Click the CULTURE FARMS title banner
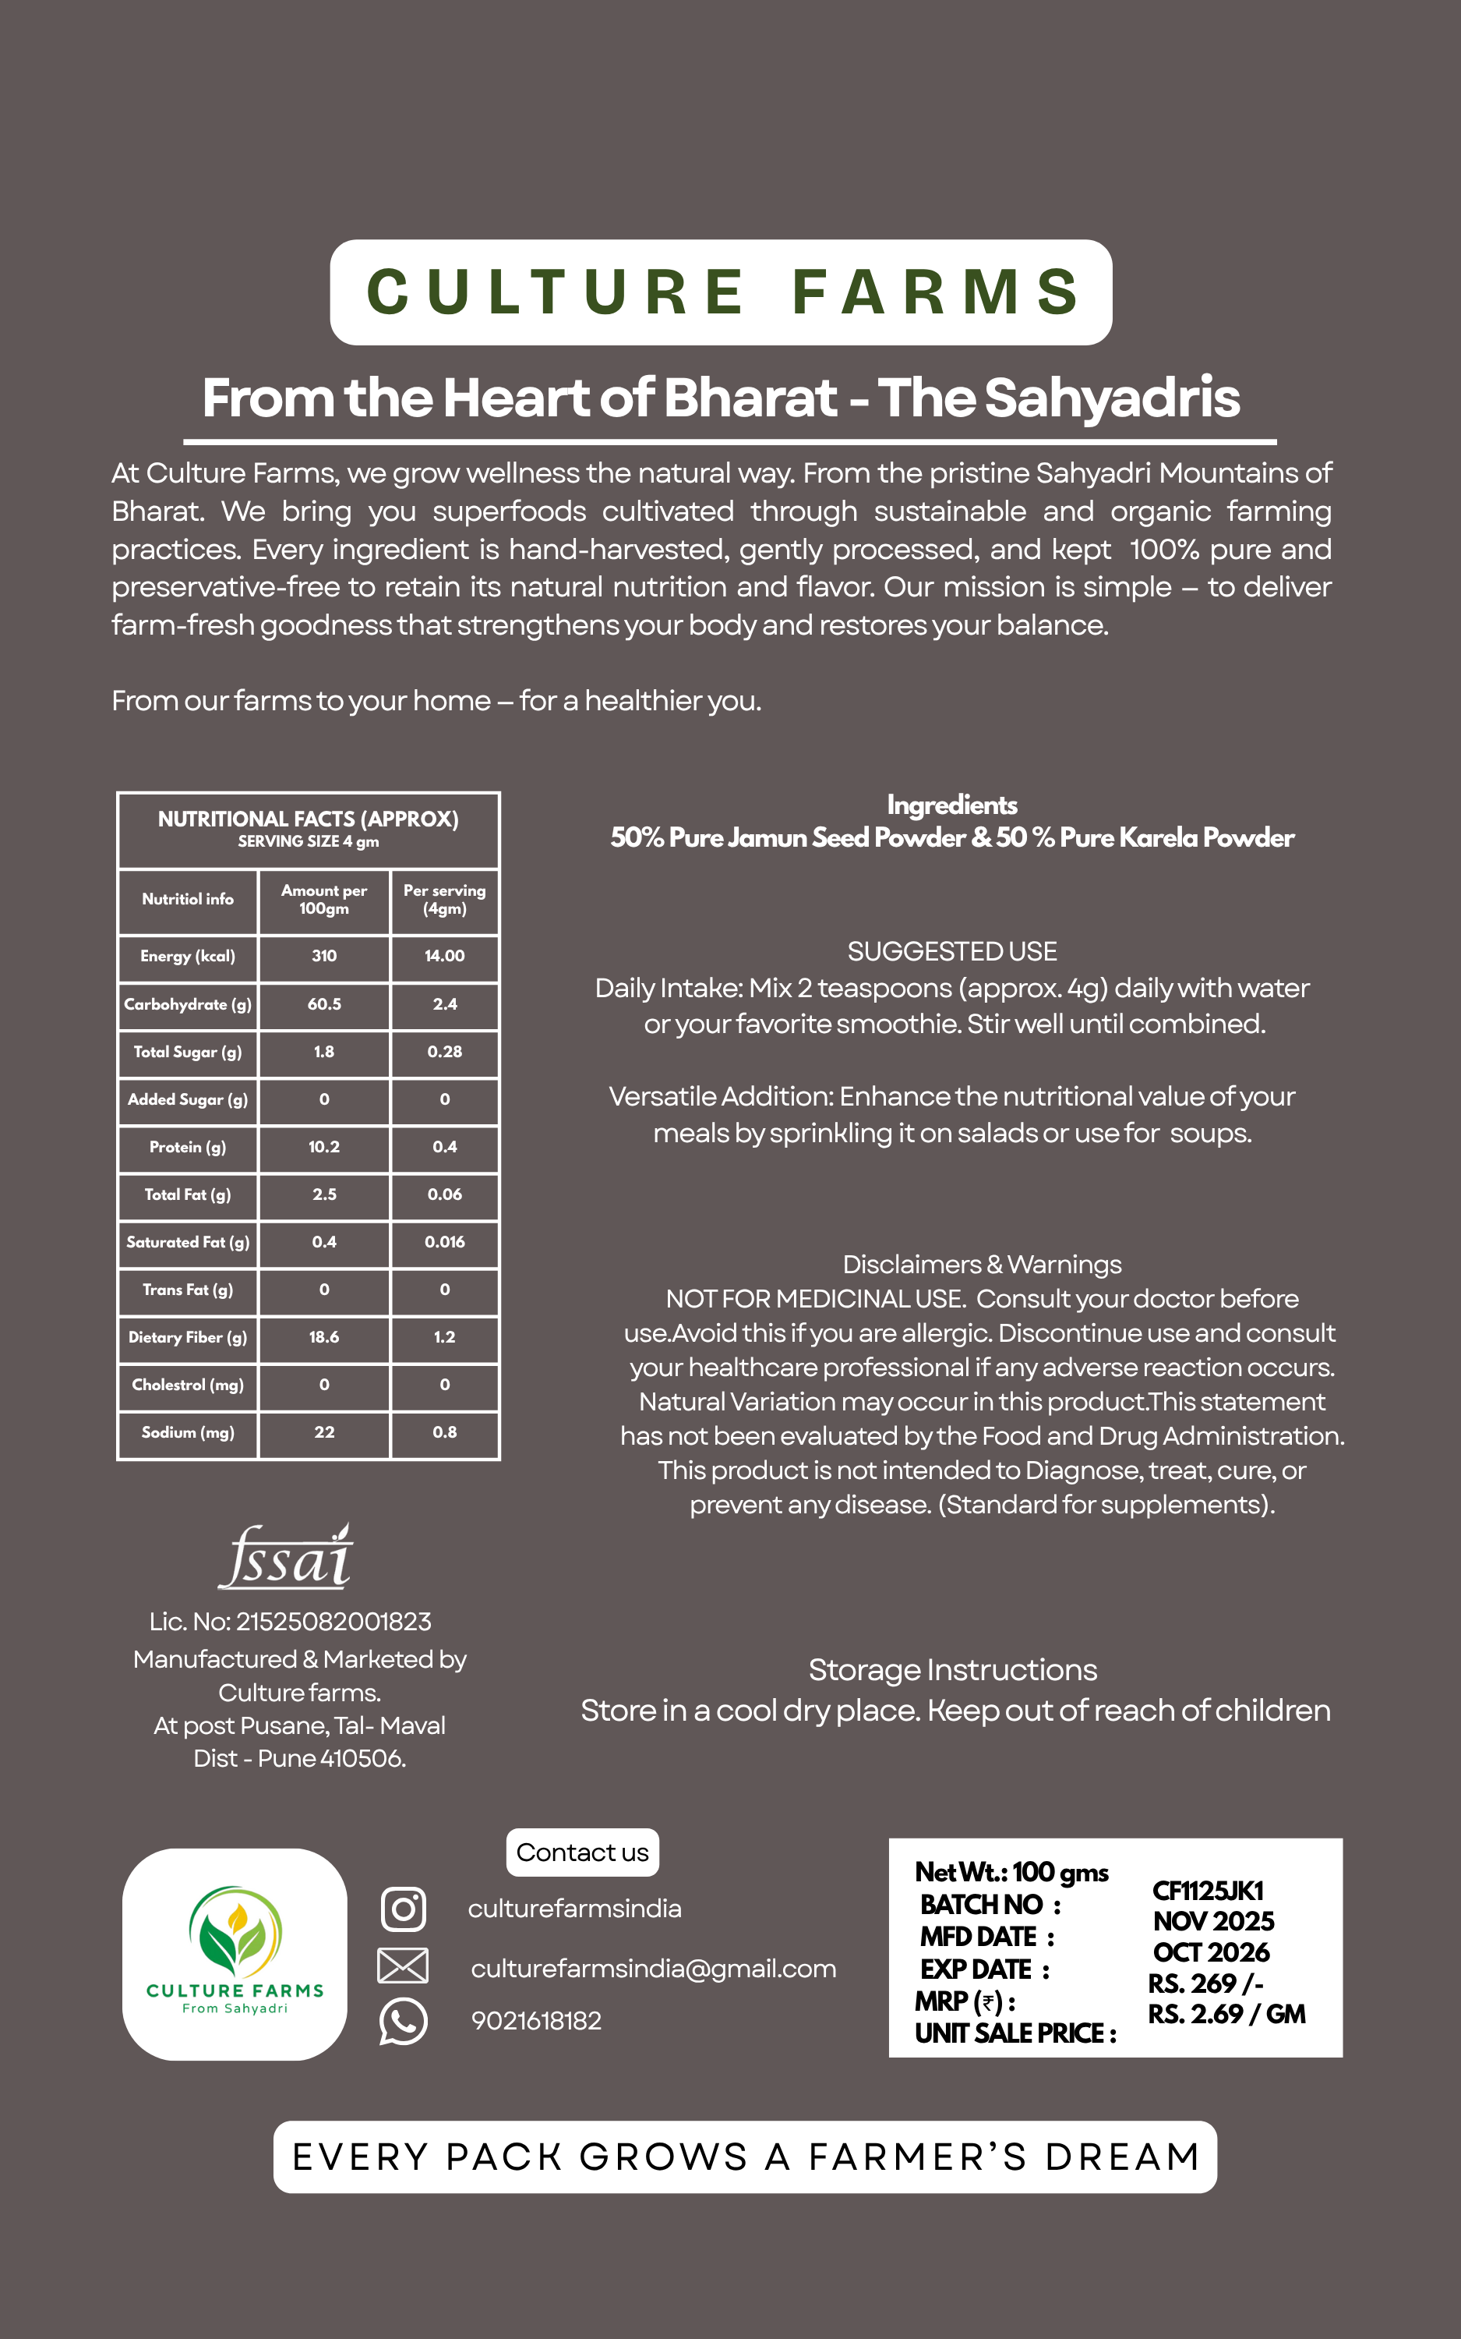pos(721,292)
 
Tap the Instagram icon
pos(403,1908)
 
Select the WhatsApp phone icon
pos(403,2020)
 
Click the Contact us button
pos(583,1852)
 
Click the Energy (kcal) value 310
pos(323,956)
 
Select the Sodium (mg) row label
pos(188,1432)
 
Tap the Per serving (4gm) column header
pos(444,899)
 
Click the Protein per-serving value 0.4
pos(444,1147)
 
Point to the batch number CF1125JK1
pos(1208,1891)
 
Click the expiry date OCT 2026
pos(1211,1952)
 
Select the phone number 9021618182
pos(536,2021)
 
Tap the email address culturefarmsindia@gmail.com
pos(653,1969)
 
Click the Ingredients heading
pos(951,805)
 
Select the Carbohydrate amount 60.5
pos(323,1004)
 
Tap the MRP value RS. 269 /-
pos(1205,1983)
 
